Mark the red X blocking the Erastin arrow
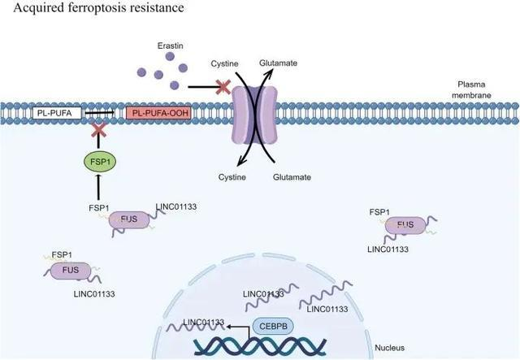[x=220, y=86]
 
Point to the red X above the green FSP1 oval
[x=99, y=130]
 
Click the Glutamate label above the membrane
[x=279, y=63]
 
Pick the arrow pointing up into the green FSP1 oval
[x=99, y=187]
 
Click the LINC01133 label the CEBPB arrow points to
[x=204, y=323]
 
